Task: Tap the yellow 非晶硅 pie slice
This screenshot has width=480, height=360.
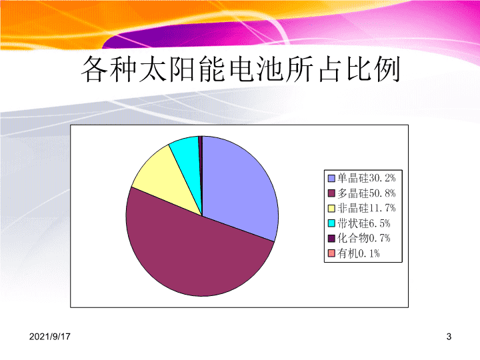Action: (x=169, y=181)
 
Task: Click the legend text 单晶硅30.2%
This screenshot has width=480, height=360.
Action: (x=367, y=178)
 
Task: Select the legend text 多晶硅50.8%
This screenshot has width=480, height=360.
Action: (x=367, y=193)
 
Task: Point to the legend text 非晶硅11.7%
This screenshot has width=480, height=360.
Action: (x=367, y=208)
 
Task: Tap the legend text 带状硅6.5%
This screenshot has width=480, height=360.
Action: (x=364, y=223)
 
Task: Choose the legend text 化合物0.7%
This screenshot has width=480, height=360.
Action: (x=364, y=238)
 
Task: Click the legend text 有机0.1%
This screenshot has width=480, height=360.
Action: (x=359, y=253)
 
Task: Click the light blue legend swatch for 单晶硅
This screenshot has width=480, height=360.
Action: (x=331, y=178)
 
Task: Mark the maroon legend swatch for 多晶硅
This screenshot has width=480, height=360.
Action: (x=331, y=193)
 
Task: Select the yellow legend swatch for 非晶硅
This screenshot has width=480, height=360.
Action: (x=331, y=209)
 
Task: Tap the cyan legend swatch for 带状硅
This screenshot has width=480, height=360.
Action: (x=331, y=223)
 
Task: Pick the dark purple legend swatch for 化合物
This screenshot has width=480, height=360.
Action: (x=331, y=239)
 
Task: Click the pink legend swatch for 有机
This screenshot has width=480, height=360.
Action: (x=331, y=253)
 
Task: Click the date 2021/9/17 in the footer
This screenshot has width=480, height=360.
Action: (x=49, y=337)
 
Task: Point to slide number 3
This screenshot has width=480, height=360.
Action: (x=449, y=337)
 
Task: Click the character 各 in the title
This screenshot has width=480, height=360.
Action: (x=94, y=69)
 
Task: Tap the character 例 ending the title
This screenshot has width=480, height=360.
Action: (x=387, y=69)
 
